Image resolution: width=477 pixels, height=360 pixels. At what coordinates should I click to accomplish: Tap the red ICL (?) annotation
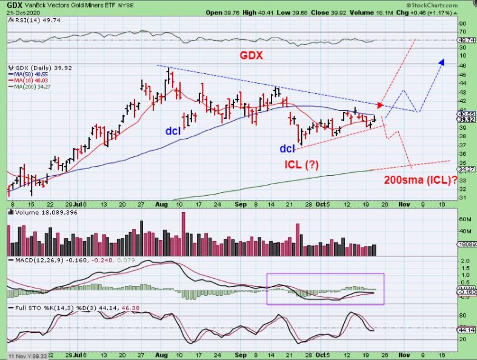pyautogui.click(x=301, y=164)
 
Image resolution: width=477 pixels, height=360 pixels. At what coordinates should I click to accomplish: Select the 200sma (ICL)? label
pyautogui.click(x=421, y=179)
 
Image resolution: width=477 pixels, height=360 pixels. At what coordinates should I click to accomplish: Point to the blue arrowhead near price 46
pyautogui.click(x=442, y=62)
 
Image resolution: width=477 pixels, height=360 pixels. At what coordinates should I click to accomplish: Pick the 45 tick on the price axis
pyautogui.click(x=462, y=75)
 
